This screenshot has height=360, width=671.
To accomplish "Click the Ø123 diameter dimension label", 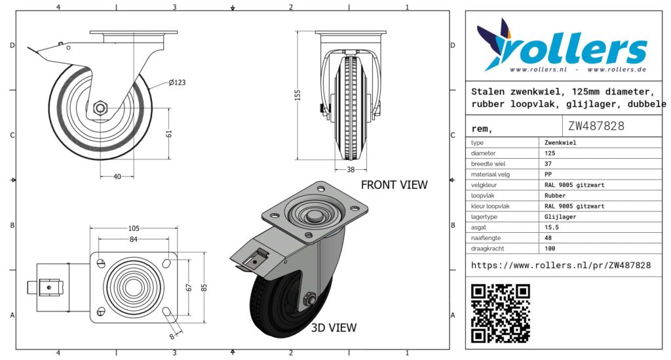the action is pos(177,82).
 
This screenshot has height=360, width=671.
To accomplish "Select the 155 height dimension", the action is pos(298,94).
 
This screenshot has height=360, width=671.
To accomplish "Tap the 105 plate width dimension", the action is pos(134,229).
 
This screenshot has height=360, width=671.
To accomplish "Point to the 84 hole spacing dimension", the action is pos(134,239).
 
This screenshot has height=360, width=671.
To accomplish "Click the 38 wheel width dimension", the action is pos(351,170).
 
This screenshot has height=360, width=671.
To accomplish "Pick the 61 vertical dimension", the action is pos(169,134).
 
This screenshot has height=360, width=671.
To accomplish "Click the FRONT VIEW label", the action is pos(394,184).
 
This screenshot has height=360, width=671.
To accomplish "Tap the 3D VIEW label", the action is pos(334,327).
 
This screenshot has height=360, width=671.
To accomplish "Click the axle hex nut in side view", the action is pos(100,108).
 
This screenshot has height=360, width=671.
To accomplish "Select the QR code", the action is pos(501,313).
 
